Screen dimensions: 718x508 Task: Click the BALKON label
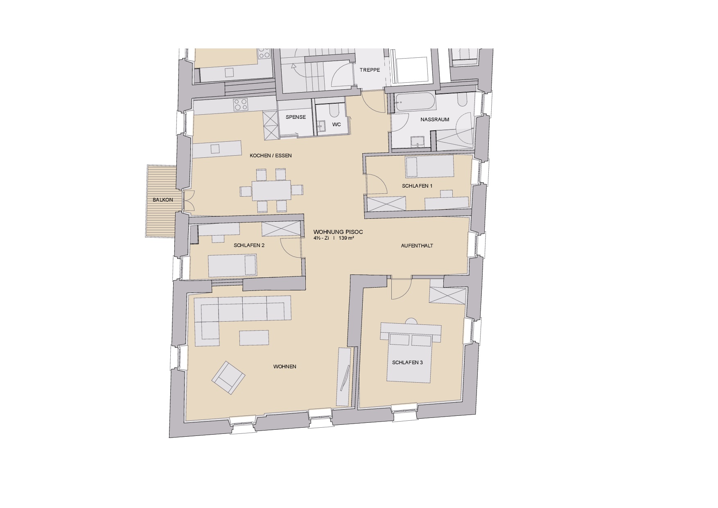[x=163, y=200]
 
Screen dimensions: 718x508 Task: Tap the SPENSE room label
[x=296, y=117]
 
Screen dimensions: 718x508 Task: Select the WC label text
[x=336, y=125]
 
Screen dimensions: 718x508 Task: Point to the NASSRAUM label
[x=435, y=120]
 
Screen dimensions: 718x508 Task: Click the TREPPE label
[x=370, y=70]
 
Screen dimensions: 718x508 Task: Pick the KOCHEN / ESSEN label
[x=271, y=156]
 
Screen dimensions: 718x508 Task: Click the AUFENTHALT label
[x=417, y=246]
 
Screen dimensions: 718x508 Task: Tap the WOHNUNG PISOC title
[x=338, y=232]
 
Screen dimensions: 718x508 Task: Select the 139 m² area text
[x=346, y=238]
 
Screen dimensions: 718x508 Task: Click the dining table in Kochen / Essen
[x=271, y=190]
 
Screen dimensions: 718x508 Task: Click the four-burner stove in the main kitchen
[x=241, y=105]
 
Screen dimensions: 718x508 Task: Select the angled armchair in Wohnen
[x=228, y=378]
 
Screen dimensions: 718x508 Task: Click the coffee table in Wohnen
[x=254, y=338]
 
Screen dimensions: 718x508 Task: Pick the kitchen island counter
[x=217, y=149]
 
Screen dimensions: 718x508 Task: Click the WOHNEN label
[x=285, y=367]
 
